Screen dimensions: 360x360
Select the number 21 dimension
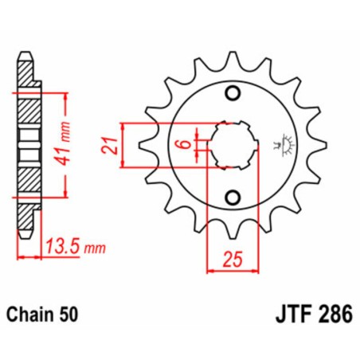tap(111, 145)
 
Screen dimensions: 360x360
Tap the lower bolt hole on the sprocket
tap(233, 197)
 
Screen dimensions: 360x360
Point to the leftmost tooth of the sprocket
tap(144, 145)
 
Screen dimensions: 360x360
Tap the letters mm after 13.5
tap(96, 249)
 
